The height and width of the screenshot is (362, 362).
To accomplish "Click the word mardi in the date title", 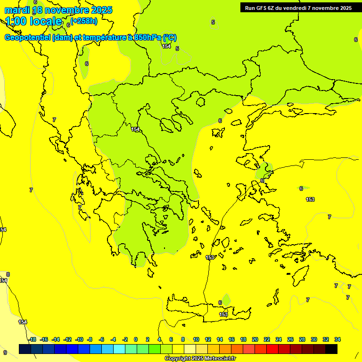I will coord(16,10).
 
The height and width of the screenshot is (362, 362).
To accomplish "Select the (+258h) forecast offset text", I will coord(84,20).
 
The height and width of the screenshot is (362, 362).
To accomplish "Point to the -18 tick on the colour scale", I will coord(32,339).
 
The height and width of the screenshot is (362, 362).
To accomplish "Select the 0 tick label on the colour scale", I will coord(136,339).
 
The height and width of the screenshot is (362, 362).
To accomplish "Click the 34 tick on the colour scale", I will coord(337,339).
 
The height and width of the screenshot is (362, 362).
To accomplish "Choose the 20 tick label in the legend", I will coord(255,339).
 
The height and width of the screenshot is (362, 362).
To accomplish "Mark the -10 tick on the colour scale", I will coord(79,339).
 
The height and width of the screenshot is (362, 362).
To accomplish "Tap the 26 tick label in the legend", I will coord(290,339).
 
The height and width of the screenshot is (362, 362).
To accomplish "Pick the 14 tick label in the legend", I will coord(220,339).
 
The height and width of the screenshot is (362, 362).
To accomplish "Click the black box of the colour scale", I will coord(331,349).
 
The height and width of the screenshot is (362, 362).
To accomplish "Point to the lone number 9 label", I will coord(5,353).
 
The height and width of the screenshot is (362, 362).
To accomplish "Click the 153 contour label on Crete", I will coord(224,314).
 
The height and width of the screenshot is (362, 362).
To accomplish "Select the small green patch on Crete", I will coord(226,300).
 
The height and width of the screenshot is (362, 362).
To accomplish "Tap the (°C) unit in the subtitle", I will coord(170,38).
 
